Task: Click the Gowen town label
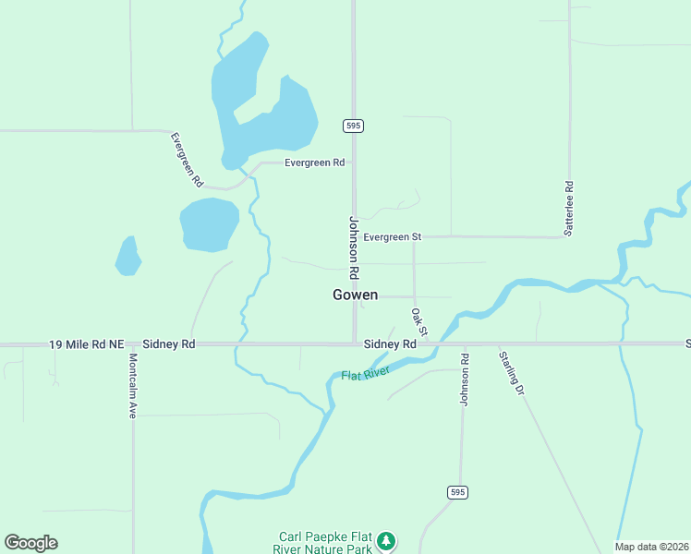(x=356, y=295)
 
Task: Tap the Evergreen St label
(x=392, y=237)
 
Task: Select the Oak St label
(x=419, y=322)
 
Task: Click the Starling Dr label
(x=511, y=372)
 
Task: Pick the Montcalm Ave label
(x=133, y=386)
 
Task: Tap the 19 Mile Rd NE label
(x=86, y=344)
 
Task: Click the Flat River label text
(x=366, y=374)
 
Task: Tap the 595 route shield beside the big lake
(x=353, y=125)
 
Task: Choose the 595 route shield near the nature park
(x=457, y=492)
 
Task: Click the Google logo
(x=30, y=543)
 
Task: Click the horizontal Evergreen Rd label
(x=314, y=163)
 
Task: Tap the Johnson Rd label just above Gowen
(x=353, y=247)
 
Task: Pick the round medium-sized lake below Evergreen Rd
(x=210, y=224)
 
